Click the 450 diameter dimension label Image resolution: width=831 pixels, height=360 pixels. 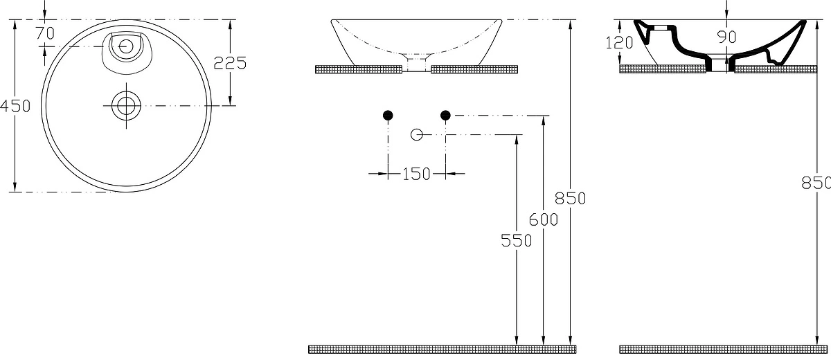pyautogui.click(x=15, y=107)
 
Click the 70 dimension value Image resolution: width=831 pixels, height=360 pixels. pyautogui.click(x=45, y=33)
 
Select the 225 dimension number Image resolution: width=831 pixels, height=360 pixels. pyautogui.click(x=230, y=64)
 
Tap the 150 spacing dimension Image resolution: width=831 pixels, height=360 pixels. pyautogui.click(x=416, y=174)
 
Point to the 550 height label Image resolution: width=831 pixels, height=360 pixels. pyautogui.click(x=517, y=241)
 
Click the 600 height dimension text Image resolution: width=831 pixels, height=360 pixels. pyautogui.click(x=544, y=220)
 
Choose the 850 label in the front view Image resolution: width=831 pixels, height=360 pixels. pyautogui.click(x=570, y=199)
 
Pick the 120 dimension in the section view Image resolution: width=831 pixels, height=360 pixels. pyautogui.click(x=619, y=43)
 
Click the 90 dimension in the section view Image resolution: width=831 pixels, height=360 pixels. pyautogui.click(x=726, y=37)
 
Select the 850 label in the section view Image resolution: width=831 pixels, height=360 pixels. pyautogui.click(x=816, y=183)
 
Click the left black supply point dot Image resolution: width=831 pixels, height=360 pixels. pyautogui.click(x=388, y=116)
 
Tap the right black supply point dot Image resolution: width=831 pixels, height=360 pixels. pyautogui.click(x=445, y=116)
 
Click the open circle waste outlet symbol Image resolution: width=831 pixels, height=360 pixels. pyautogui.click(x=417, y=134)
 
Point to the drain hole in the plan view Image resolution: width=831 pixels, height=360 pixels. pyautogui.click(x=126, y=106)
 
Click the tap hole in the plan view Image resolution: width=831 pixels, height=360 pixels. pyautogui.click(x=126, y=46)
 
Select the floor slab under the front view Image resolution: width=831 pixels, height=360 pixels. pyautogui.click(x=443, y=349)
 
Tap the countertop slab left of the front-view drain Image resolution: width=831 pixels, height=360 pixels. pyautogui.click(x=359, y=69)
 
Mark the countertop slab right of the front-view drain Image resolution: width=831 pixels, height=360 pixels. pyautogui.click(x=474, y=69)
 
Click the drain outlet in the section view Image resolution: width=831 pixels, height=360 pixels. pyautogui.click(x=720, y=63)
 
